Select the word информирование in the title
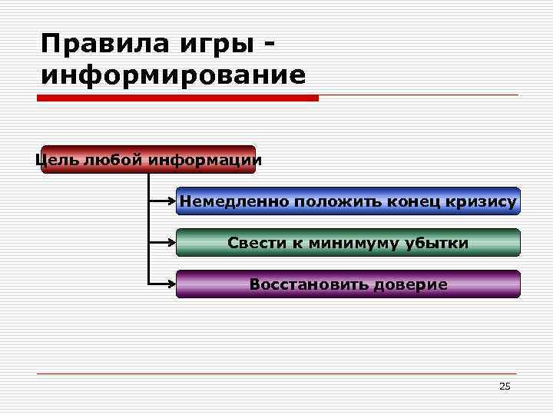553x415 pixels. [x=174, y=76]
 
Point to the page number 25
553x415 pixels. [x=505, y=386]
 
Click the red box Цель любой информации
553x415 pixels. [x=148, y=160]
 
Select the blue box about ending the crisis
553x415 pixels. [x=348, y=201]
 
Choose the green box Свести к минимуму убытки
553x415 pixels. [x=348, y=243]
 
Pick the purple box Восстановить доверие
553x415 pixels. [x=348, y=284]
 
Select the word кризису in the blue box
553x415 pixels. [x=485, y=202]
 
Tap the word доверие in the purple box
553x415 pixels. [x=410, y=285]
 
